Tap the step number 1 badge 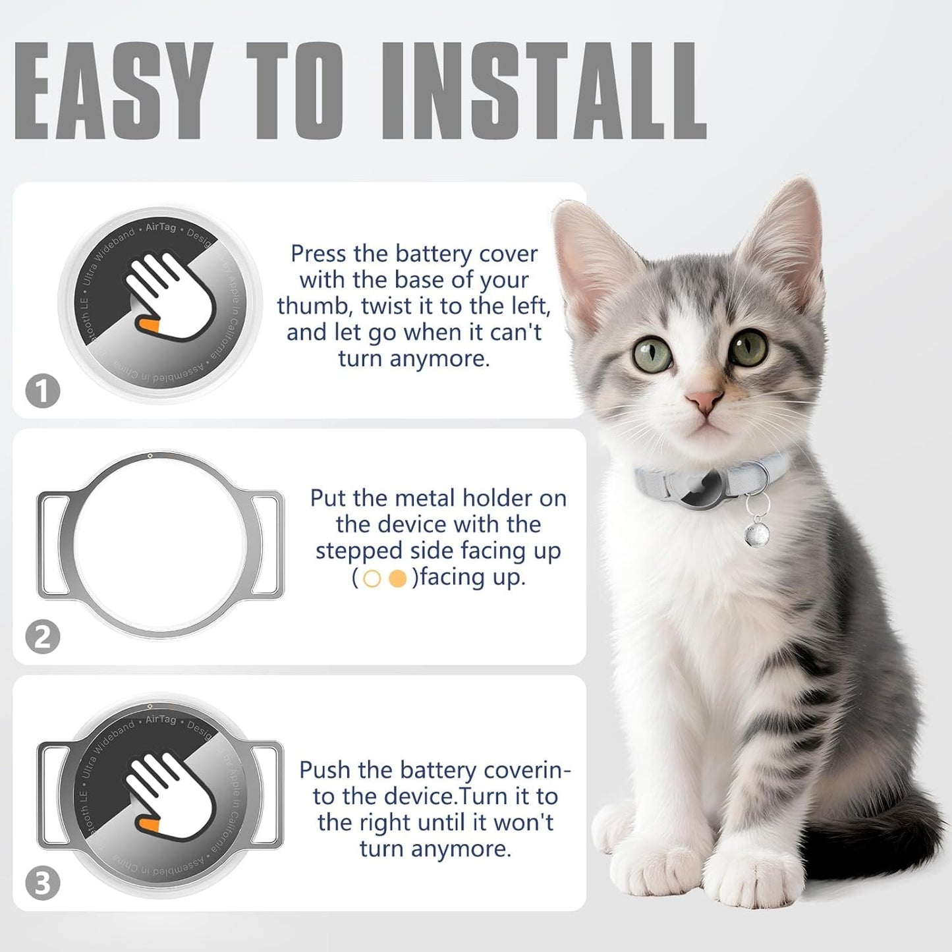[43, 391]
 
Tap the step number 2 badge [43, 637]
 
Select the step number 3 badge [43, 883]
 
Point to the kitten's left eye [653, 354]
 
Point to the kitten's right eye [749, 347]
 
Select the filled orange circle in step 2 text [398, 578]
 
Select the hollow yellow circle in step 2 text [372, 578]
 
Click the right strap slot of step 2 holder [266, 546]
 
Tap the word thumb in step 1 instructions [315, 306]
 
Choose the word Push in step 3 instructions [324, 770]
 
